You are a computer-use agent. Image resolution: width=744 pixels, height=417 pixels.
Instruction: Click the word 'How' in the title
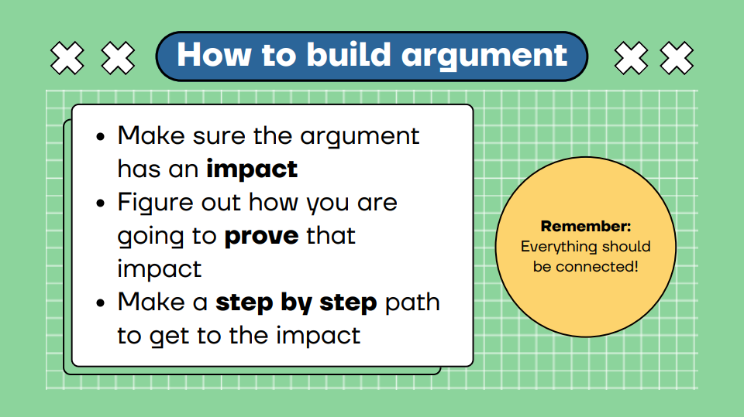tap(214, 55)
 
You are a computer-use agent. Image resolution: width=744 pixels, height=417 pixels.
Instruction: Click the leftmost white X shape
tap(67, 58)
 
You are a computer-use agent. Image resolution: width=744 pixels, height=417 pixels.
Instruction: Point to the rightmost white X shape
tap(677, 58)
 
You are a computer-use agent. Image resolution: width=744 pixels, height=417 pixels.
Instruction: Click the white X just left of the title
tap(118, 58)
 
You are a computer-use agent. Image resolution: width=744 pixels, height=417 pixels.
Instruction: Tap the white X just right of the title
tap(631, 58)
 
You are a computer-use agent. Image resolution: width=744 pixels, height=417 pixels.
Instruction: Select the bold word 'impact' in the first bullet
tap(252, 169)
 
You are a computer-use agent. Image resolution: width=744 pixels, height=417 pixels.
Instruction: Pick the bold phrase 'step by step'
tap(296, 303)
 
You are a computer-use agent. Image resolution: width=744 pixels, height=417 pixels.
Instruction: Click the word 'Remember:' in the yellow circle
tap(586, 226)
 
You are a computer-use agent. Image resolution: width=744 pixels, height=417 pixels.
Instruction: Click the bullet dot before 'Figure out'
tap(100, 203)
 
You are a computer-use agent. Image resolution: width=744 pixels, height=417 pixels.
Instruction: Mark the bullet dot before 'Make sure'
tap(100, 137)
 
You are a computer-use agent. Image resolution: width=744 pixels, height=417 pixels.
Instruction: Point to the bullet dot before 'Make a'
tap(100, 302)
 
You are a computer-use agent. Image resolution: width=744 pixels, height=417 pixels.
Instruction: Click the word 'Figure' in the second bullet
tap(156, 203)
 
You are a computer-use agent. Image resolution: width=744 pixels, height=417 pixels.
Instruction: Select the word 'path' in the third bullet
tap(412, 303)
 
